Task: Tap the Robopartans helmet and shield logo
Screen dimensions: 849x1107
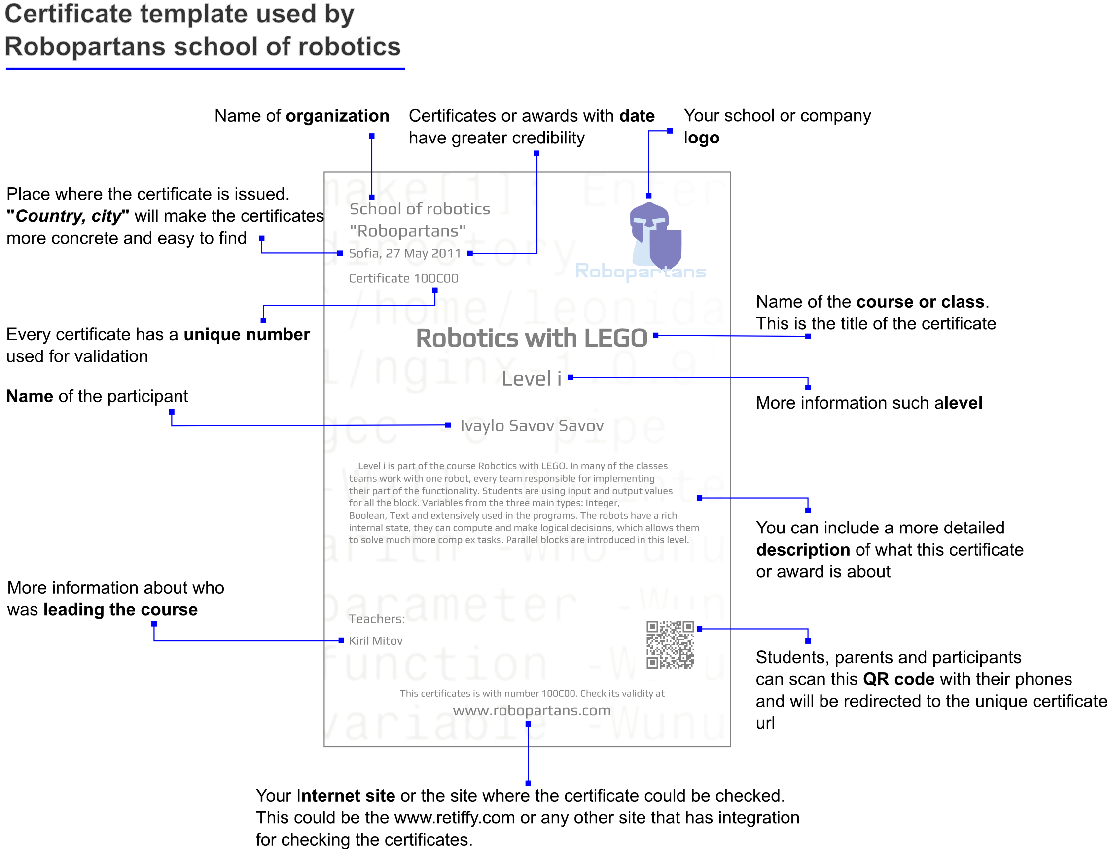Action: pos(656,234)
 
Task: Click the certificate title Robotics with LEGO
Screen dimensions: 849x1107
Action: pos(531,338)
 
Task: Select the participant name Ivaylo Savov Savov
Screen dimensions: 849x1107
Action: pos(532,425)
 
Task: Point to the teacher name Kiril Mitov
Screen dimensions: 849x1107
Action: pos(376,641)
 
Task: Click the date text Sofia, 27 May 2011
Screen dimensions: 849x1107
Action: pos(405,253)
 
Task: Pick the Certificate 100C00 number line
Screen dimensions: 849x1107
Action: pos(403,278)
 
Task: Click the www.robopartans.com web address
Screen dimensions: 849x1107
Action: pos(532,710)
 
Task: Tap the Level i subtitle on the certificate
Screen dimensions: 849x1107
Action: pos(531,379)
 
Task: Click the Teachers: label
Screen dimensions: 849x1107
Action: pos(377,619)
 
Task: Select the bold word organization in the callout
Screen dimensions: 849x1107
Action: pos(337,116)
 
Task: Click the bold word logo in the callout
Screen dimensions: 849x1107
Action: pos(702,138)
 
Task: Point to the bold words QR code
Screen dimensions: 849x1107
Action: pos(898,679)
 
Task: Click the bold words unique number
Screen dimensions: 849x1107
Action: pos(247,334)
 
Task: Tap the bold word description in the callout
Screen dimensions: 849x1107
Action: pos(803,549)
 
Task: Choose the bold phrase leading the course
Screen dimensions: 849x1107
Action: pos(120,609)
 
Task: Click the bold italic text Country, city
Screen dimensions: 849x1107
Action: pos(68,216)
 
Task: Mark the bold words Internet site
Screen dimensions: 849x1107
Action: pos(346,795)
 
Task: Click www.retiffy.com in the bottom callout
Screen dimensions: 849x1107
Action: pos(455,817)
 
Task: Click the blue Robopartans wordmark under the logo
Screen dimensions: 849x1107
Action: pos(641,271)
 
